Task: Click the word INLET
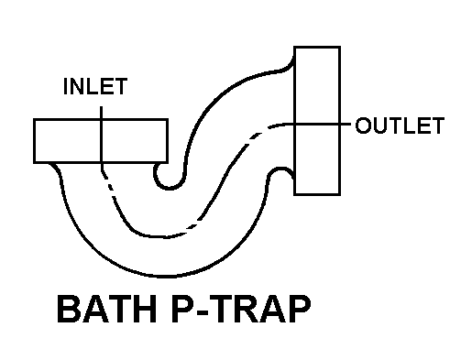[x=95, y=86]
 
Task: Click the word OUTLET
[x=400, y=125]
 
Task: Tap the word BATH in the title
[x=107, y=309]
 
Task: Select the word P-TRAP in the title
[x=241, y=309]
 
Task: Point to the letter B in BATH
[x=69, y=309]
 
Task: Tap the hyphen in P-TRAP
[x=202, y=312]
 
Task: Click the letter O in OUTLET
[x=363, y=125]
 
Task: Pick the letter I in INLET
[x=65, y=86]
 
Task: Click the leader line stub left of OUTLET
[x=346, y=124]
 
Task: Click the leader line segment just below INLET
[x=101, y=113]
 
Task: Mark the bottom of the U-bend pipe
[x=165, y=277]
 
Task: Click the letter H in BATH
[x=145, y=309]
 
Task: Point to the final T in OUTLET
[x=437, y=125]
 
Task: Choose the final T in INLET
[x=120, y=86]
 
